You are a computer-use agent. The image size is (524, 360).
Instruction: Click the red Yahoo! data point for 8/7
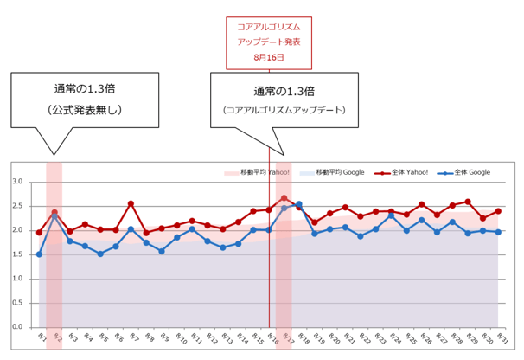click(x=131, y=204)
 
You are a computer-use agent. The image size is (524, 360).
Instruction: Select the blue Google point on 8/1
click(x=39, y=254)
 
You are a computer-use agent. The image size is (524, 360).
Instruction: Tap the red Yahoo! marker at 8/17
click(x=284, y=198)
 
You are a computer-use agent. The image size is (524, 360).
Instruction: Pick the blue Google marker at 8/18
click(x=299, y=204)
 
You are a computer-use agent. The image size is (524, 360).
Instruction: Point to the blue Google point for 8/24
click(x=391, y=215)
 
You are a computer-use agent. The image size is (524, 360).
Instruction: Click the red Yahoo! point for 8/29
click(x=468, y=202)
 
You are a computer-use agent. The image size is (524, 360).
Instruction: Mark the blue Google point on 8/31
click(x=498, y=232)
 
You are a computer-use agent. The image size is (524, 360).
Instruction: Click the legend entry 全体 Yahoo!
click(x=398, y=173)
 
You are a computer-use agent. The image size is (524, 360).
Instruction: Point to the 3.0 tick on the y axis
click(x=16, y=182)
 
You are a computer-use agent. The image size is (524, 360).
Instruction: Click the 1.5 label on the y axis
click(x=16, y=254)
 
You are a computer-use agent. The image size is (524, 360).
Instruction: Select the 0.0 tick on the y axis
click(x=16, y=327)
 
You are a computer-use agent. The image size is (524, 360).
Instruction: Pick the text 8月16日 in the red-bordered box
click(x=268, y=57)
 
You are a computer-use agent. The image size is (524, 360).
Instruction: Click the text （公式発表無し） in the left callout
click(x=85, y=110)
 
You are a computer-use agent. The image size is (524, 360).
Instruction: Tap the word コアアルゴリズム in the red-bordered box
click(x=268, y=27)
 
